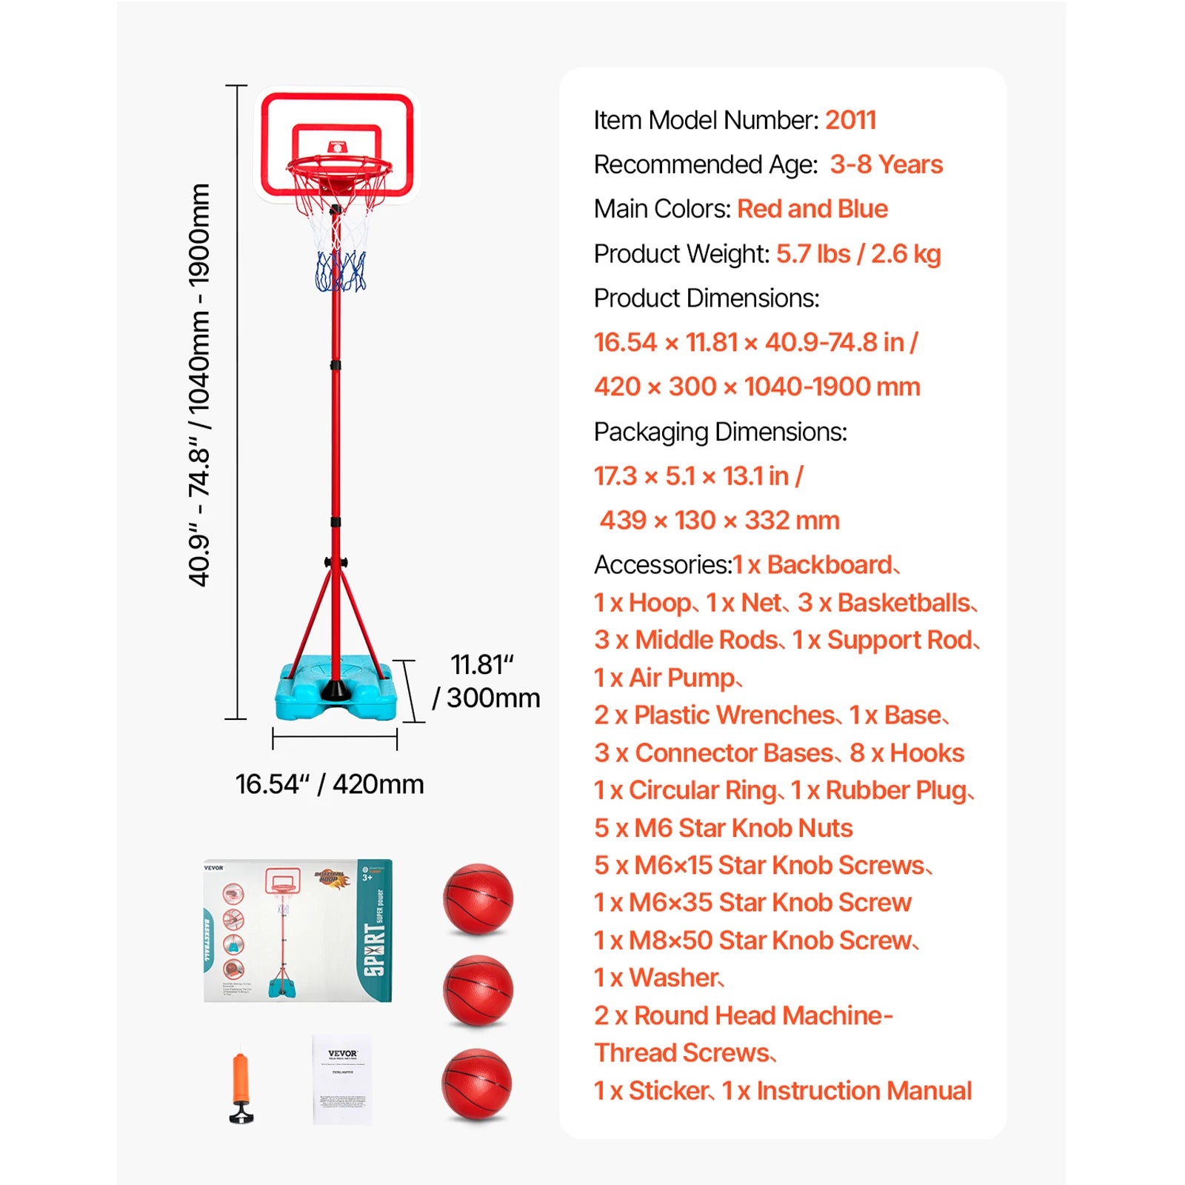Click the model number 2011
[850, 120]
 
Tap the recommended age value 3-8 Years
[886, 164]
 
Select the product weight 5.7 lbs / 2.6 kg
[858, 254]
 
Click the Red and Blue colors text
[812, 209]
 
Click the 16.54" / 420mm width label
[330, 784]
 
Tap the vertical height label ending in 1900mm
[199, 385]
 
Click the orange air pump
[241, 1085]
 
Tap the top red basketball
[478, 898]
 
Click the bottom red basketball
[476, 1084]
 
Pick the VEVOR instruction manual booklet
[342, 1080]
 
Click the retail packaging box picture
[297, 930]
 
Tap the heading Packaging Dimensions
[720, 432]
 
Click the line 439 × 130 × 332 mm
[719, 521]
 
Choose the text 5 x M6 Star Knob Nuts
[723, 828]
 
